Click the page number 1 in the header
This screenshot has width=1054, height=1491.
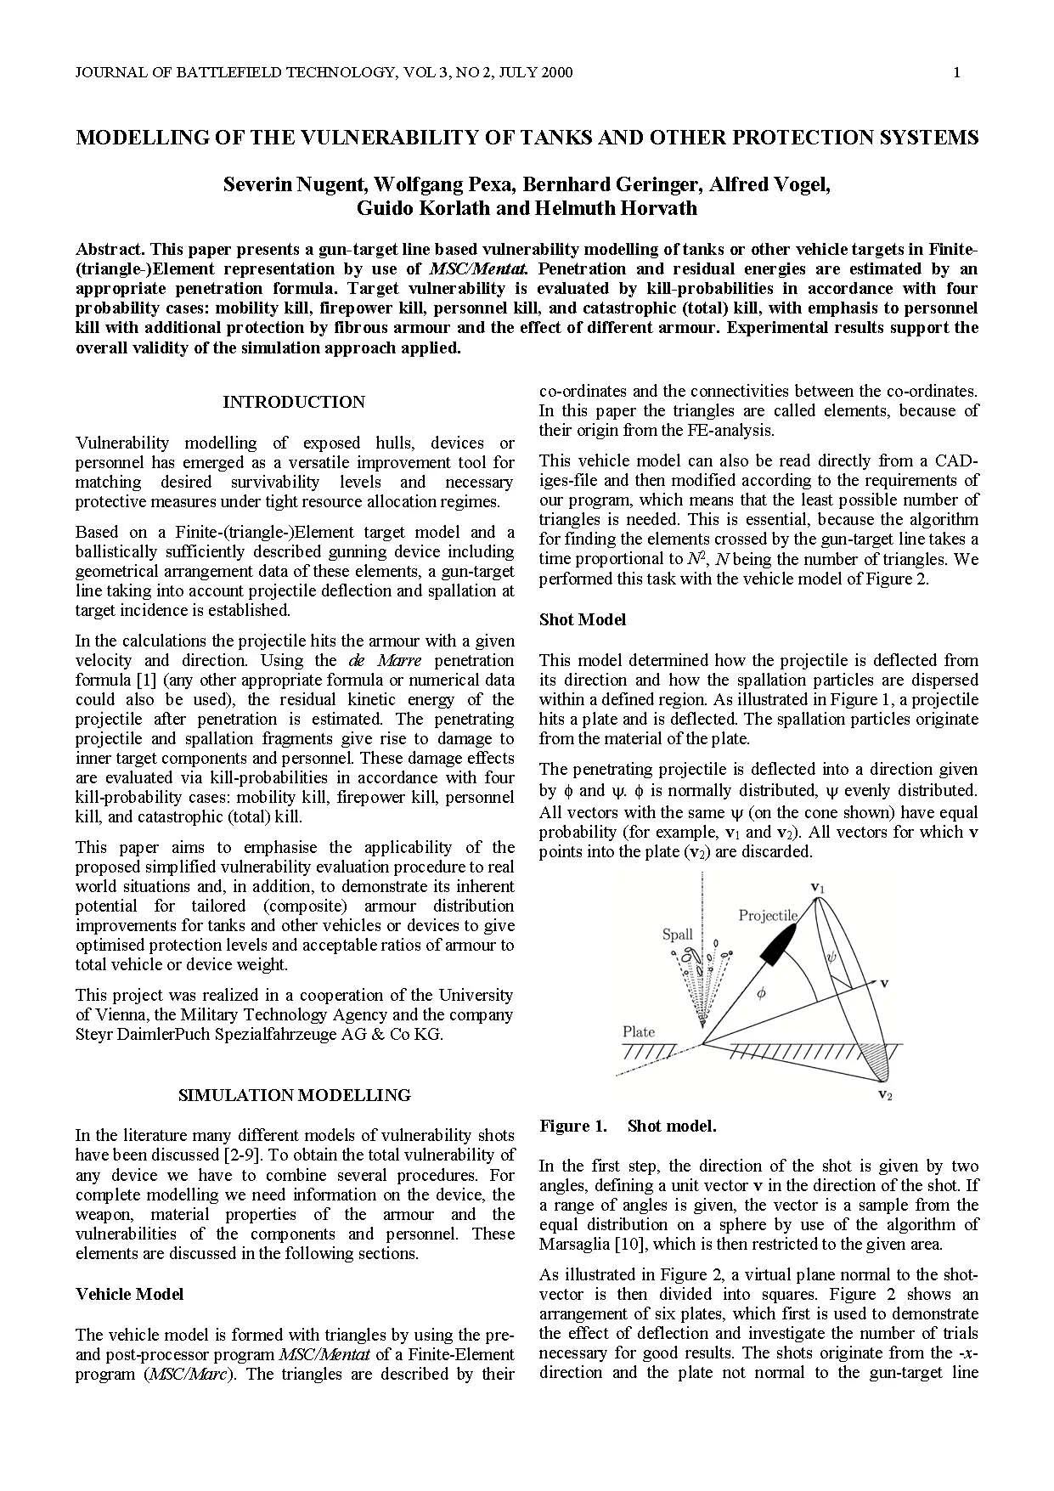tap(957, 72)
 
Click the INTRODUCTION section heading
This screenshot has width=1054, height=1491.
tap(294, 402)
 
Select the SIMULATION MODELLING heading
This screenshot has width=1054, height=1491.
tap(294, 1095)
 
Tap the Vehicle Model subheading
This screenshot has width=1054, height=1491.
tap(129, 1294)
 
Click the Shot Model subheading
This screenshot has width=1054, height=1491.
tap(582, 619)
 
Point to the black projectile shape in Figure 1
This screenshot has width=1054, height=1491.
tap(778, 941)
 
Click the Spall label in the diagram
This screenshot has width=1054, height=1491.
tap(677, 935)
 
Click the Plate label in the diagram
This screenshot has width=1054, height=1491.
tap(639, 1031)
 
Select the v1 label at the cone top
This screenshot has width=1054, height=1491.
tap(818, 888)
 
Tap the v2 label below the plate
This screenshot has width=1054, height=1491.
tap(884, 1095)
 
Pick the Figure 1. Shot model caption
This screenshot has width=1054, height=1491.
tap(628, 1126)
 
